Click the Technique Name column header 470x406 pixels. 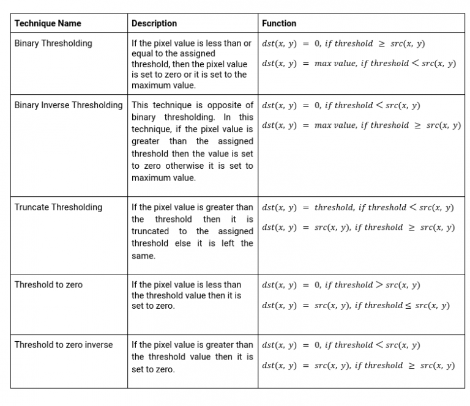(48, 23)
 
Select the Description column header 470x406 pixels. (154, 23)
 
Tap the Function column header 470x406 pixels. (279, 23)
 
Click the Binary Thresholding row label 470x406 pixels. (53, 43)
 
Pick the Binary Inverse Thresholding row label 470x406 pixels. (69, 105)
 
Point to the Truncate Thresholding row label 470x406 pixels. (58, 207)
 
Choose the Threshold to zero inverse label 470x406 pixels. (64, 345)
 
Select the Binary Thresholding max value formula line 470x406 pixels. (359, 64)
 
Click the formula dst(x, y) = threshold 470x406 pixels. (358, 207)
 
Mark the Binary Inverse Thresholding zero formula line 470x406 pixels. (341, 105)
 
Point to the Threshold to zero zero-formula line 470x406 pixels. (341, 285)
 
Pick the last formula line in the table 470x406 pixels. (358, 366)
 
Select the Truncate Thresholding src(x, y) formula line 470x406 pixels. (358, 227)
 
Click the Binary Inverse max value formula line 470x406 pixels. (361, 125)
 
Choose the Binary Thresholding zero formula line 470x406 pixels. (343, 43)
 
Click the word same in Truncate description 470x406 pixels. (143, 256)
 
